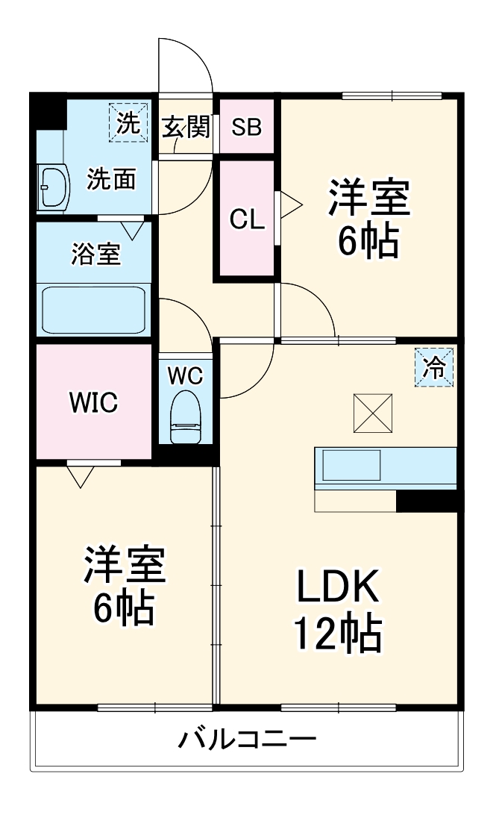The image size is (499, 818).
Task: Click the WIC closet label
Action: pos(93,402)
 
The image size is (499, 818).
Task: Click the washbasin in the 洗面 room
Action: pos(54,186)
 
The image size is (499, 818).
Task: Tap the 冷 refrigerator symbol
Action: pos(433,367)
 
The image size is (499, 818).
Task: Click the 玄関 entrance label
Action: pos(186,127)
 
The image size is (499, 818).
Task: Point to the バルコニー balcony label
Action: pos(247,740)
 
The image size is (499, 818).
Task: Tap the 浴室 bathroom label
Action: pos(95,254)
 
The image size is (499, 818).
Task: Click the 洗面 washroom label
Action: pos(112,179)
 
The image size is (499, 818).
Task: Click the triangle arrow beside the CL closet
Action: pos(289,204)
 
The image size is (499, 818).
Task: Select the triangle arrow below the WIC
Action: pos(81,475)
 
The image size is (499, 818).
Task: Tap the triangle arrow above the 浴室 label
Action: pos(133,230)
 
